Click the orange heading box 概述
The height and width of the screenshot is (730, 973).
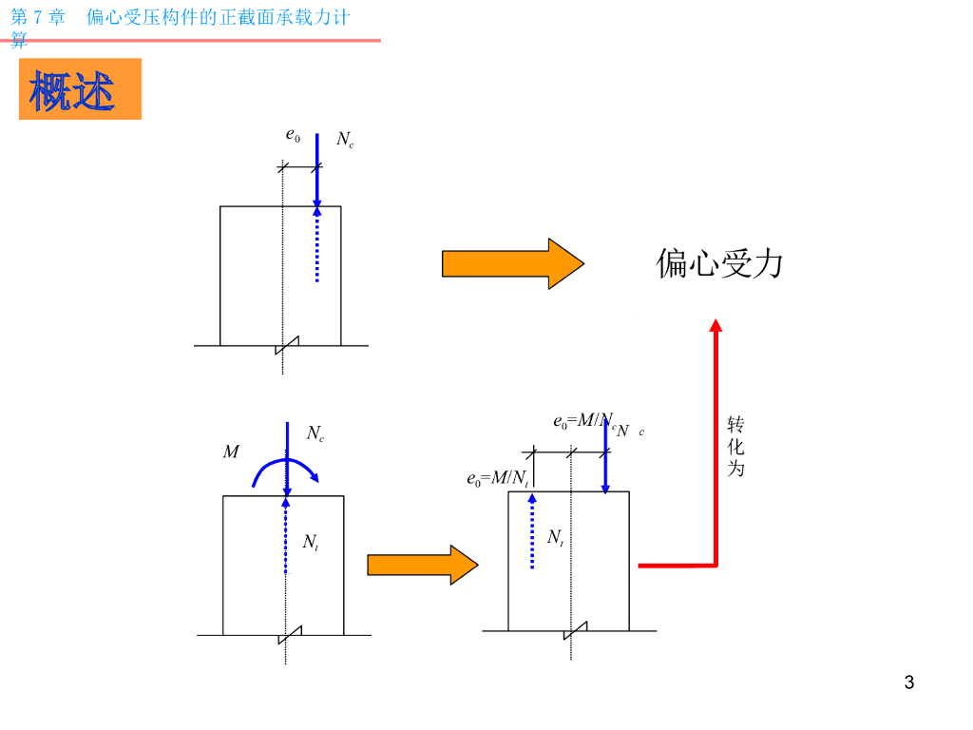click(x=80, y=89)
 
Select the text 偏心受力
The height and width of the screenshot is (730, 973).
click(x=719, y=263)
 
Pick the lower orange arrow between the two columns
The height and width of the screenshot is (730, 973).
click(x=422, y=565)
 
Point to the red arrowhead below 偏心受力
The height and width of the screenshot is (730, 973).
click(x=716, y=326)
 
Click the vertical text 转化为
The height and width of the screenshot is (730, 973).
click(x=735, y=446)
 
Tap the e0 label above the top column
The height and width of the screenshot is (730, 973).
click(x=293, y=135)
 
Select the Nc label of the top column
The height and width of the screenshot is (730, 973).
click(x=345, y=140)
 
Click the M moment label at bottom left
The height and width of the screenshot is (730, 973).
click(x=231, y=452)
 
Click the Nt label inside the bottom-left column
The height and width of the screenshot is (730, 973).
click(x=310, y=542)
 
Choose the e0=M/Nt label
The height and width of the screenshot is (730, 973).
click(x=497, y=478)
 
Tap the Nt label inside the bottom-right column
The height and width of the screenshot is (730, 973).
click(x=555, y=537)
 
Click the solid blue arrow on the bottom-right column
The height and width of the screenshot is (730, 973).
click(x=605, y=456)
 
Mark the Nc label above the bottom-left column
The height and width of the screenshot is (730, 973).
click(x=315, y=433)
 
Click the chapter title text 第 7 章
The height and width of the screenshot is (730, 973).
click(x=38, y=17)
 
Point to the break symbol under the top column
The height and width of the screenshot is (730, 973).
click(x=287, y=345)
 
